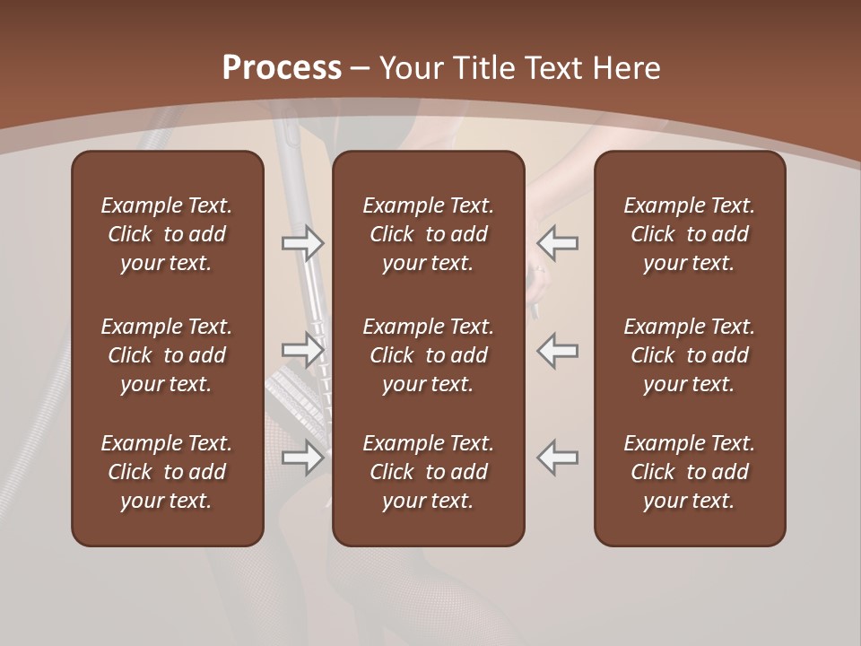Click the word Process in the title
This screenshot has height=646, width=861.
[x=282, y=67]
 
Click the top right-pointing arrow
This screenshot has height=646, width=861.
[x=303, y=242]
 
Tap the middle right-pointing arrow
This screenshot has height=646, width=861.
[x=303, y=350]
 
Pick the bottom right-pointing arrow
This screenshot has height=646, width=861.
[x=303, y=458]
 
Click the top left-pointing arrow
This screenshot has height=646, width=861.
[x=558, y=242]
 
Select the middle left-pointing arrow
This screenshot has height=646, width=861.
[x=558, y=350]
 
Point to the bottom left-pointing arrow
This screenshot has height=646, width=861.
[x=558, y=458]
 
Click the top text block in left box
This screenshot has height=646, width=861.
[x=167, y=234]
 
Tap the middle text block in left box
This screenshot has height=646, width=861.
[x=167, y=355]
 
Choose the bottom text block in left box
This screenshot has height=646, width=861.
[x=167, y=472]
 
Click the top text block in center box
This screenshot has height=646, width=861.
[x=429, y=234]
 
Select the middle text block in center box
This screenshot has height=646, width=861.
[x=429, y=355]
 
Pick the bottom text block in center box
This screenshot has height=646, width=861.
[x=429, y=472]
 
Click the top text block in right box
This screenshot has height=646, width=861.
[x=690, y=234]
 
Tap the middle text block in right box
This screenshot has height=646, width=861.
[x=690, y=355]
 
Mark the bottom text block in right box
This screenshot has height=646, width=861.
[x=690, y=472]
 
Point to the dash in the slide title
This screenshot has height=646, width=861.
[x=361, y=69]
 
